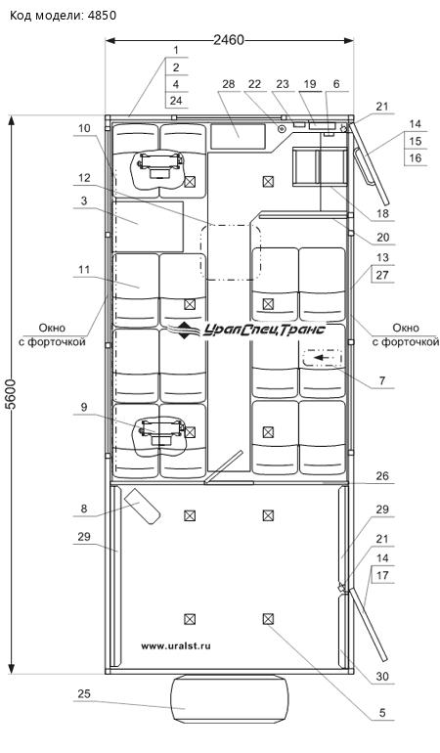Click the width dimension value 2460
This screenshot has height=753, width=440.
tap(229, 40)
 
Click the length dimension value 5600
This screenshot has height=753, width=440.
tap(11, 394)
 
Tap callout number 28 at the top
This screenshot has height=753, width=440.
tap(229, 84)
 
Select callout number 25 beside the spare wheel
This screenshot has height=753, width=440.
tap(84, 694)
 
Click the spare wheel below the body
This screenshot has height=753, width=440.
tap(230, 699)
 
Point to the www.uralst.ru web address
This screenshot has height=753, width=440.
tap(176, 645)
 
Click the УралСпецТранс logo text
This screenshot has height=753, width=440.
tap(265, 330)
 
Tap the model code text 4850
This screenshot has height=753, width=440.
tap(102, 16)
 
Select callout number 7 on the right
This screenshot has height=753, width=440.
tap(382, 380)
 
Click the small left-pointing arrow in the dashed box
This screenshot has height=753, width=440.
tap(322, 358)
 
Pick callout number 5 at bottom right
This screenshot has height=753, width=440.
tap(382, 713)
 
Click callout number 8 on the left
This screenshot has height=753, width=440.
tap(84, 509)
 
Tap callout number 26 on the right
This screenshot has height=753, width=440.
tap(382, 476)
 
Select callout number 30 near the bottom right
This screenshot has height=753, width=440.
tap(382, 676)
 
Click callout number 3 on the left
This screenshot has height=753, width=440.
tap(84, 200)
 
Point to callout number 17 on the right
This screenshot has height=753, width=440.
tap(382, 575)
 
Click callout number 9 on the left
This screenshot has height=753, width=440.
tap(84, 407)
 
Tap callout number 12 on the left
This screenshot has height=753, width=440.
tap(84, 178)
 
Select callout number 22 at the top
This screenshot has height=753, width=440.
tap(254, 84)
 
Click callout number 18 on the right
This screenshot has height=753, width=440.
tap(382, 213)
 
